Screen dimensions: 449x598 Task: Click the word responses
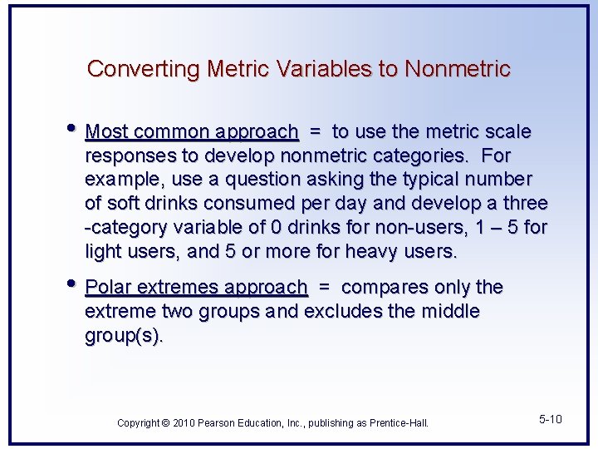coord(127,156)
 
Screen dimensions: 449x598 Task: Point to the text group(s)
coord(124,336)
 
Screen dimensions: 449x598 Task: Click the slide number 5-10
coord(550,419)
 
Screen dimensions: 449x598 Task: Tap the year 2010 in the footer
coord(183,423)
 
